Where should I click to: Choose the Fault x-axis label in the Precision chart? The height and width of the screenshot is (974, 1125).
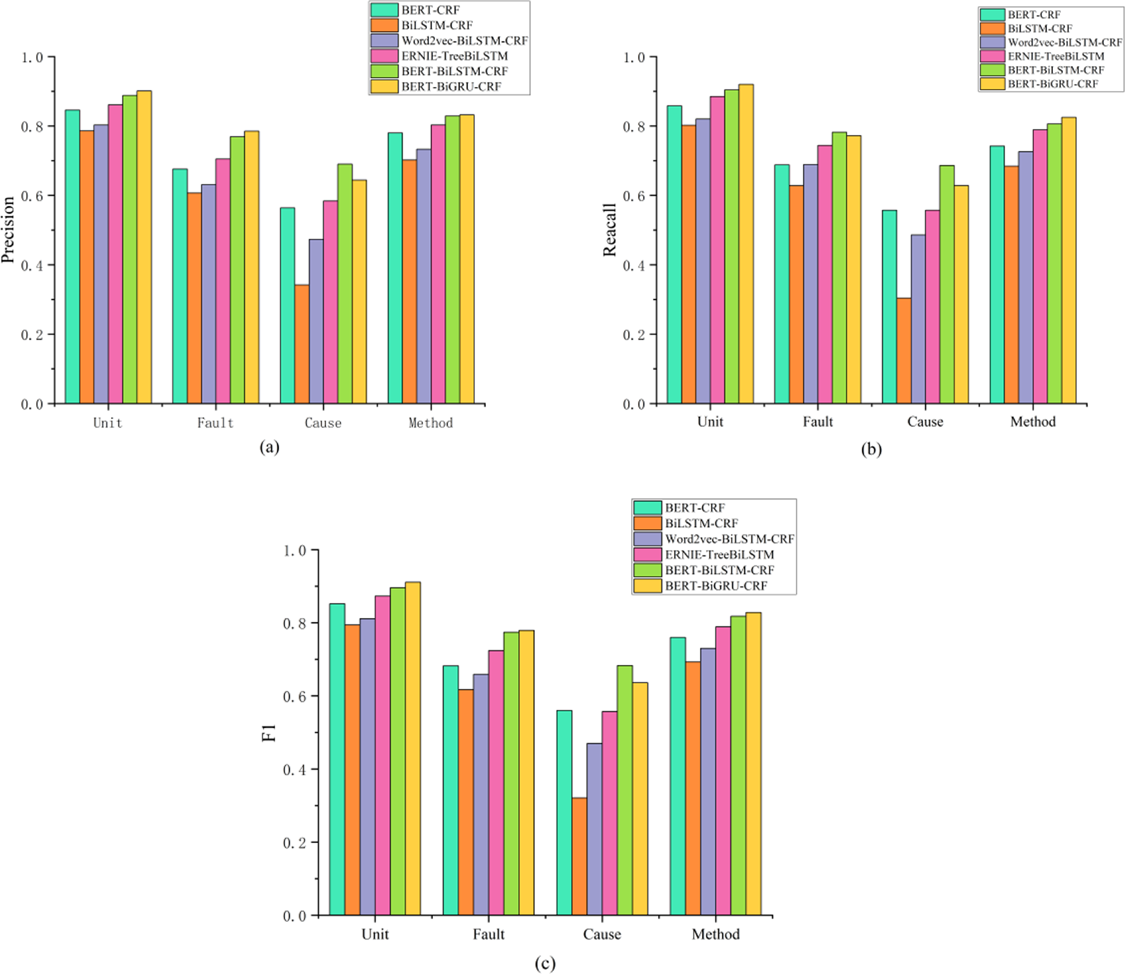215,423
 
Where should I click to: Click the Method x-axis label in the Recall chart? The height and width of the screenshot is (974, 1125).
1033,422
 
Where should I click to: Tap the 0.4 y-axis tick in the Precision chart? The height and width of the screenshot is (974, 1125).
31,265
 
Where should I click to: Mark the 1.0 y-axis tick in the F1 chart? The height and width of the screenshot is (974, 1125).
295,551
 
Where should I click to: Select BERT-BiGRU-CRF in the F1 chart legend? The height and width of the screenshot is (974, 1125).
716,585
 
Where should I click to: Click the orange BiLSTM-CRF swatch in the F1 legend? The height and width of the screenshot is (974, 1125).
647,523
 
